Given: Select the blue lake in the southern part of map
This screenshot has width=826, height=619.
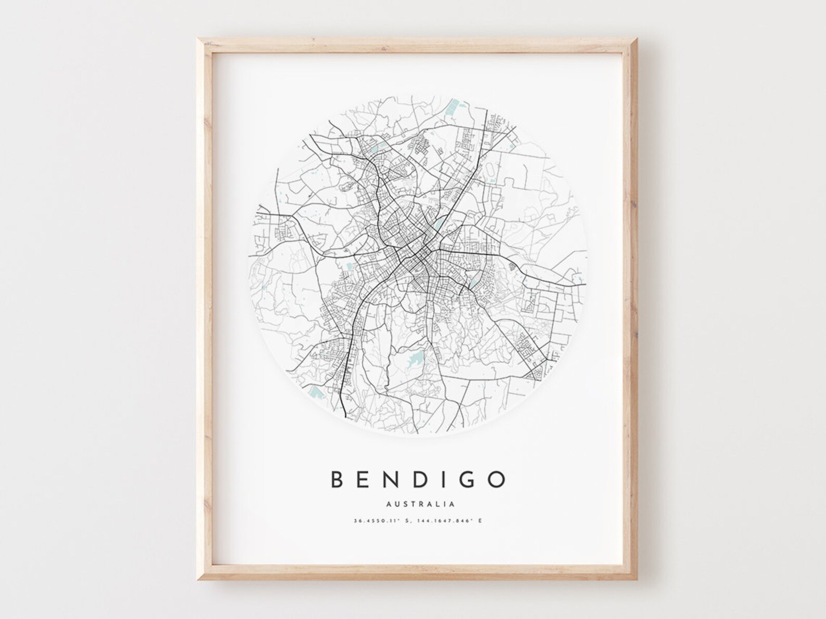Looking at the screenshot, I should click(416, 358).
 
